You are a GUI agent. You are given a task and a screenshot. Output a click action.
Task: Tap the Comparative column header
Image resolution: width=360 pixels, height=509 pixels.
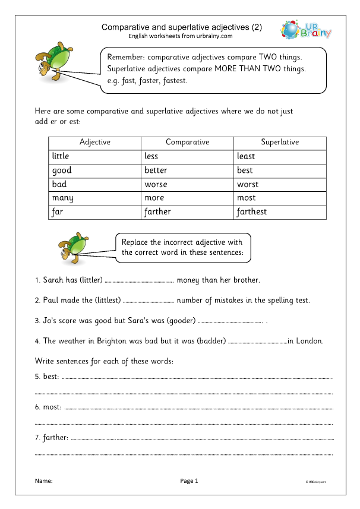tap(187, 142)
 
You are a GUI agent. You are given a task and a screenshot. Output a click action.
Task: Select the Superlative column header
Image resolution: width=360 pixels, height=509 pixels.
tap(280, 142)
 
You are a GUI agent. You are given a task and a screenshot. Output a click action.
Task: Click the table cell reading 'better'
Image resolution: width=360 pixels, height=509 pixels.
tap(156, 170)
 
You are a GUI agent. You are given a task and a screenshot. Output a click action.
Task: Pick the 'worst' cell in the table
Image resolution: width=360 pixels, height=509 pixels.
tap(248, 184)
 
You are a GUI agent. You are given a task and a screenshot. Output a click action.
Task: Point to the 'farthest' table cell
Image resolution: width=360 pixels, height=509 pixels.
tap(252, 211)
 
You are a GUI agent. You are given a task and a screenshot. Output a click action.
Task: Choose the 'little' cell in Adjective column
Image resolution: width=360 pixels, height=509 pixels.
tap(61, 156)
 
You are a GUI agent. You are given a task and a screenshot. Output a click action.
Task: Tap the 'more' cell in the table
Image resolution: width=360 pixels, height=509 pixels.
tap(154, 198)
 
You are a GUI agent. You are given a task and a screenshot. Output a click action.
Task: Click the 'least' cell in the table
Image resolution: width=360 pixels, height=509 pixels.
tap(246, 156)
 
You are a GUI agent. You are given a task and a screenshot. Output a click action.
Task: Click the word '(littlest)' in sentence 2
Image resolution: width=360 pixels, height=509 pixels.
tap(105, 300)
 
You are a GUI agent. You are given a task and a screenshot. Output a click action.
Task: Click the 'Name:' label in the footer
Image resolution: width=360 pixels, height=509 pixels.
tap(43, 480)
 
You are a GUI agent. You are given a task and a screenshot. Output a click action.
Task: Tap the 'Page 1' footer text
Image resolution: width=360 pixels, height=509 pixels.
tap(189, 480)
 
